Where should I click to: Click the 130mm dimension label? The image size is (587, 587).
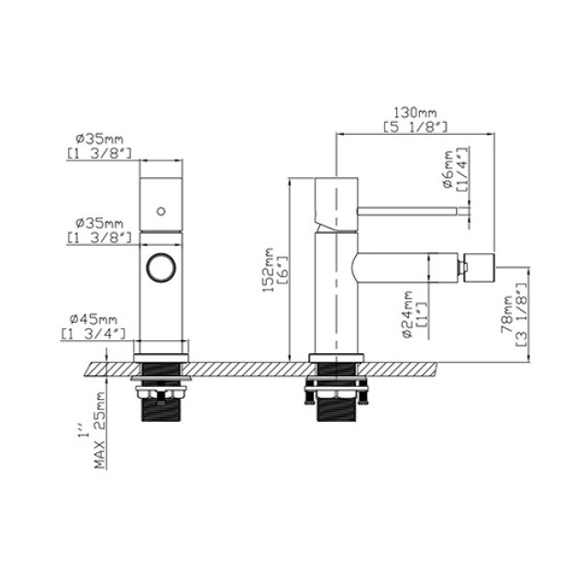[415, 112]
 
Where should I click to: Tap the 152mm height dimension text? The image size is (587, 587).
[268, 270]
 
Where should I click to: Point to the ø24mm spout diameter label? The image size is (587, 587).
[406, 315]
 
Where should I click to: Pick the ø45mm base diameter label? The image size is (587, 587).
[94, 319]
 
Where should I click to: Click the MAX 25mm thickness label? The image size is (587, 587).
[100, 430]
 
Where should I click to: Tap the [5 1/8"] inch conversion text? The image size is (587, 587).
[415, 127]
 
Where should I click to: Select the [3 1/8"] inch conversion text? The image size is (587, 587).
[522, 315]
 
